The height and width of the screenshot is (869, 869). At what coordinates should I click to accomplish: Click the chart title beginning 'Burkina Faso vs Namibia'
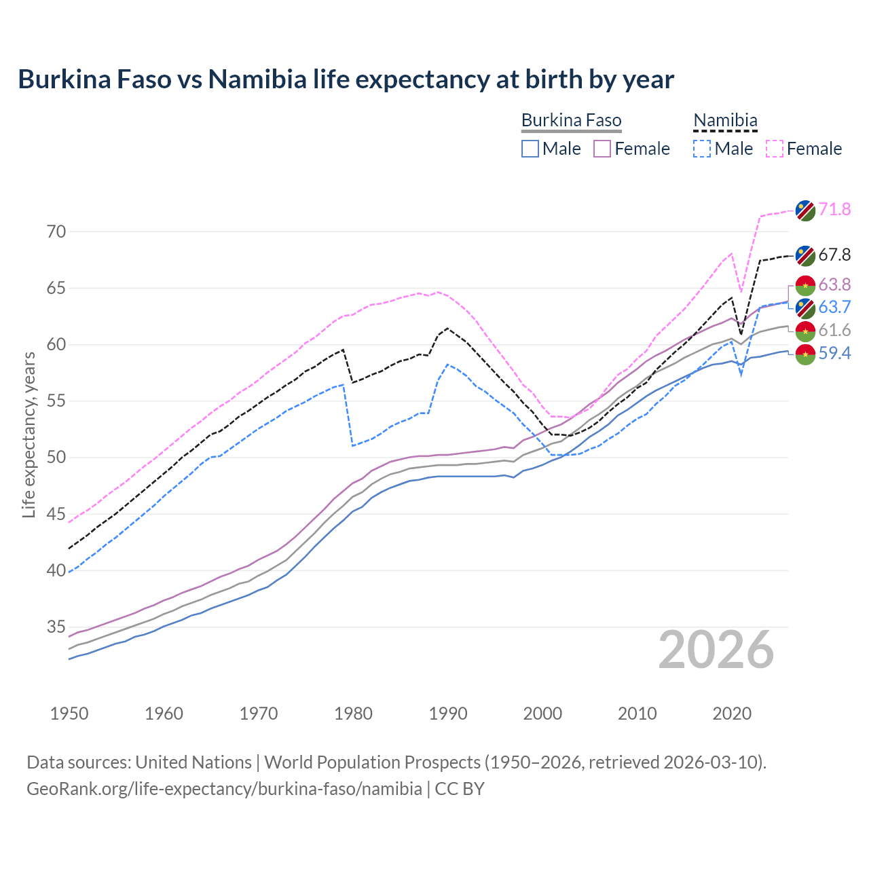click(346, 79)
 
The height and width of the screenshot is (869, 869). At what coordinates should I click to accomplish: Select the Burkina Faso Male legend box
click(530, 149)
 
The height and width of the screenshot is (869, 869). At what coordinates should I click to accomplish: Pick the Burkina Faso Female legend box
click(602, 149)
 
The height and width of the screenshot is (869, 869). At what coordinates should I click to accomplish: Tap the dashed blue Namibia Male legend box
click(702, 149)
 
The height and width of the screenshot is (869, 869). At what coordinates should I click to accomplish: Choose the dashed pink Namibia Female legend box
click(775, 149)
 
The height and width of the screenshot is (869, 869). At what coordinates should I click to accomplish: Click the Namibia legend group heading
click(725, 121)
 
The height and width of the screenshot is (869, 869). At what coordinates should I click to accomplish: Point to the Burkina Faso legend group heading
click(571, 121)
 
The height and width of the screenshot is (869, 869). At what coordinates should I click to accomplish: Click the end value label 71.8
click(834, 209)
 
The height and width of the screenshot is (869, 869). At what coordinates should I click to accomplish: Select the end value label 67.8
click(834, 255)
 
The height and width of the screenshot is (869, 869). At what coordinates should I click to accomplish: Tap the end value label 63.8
click(834, 284)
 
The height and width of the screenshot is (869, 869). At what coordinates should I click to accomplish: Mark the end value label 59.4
click(834, 353)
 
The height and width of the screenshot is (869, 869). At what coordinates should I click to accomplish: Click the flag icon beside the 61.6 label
click(805, 331)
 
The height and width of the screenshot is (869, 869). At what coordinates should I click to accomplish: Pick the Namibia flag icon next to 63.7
click(805, 308)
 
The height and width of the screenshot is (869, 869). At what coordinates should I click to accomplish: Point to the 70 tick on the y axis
click(56, 232)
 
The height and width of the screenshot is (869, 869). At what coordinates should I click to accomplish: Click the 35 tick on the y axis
click(56, 627)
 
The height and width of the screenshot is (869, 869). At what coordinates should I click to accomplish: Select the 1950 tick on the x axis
click(69, 714)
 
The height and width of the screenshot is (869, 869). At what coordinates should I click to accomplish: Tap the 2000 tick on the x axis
click(542, 714)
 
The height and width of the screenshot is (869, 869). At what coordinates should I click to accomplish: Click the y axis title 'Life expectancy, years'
click(29, 434)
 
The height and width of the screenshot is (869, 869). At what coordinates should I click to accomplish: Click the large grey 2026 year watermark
click(716, 650)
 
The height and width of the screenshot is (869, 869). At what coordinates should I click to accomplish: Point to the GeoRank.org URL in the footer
click(224, 789)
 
